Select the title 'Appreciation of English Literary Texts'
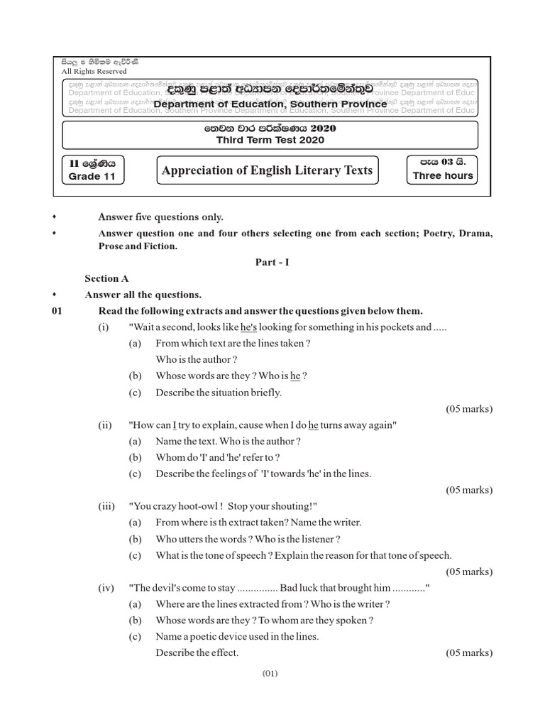pyautogui.click(x=267, y=170)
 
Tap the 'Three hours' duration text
pyautogui.click(x=442, y=175)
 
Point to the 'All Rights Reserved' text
pyautogui.click(x=94, y=71)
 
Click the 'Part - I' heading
pyautogui.click(x=272, y=262)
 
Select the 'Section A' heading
pyautogui.click(x=106, y=278)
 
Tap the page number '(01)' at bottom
pyautogui.click(x=272, y=674)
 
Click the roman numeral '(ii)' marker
pyautogui.click(x=106, y=425)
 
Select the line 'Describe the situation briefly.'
pyautogui.click(x=219, y=393)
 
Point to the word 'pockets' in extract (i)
pyautogui.click(x=412, y=327)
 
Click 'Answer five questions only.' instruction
pyautogui.click(x=160, y=217)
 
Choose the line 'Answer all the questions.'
pyautogui.click(x=143, y=295)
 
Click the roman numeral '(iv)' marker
pyautogui.click(x=106, y=588)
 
